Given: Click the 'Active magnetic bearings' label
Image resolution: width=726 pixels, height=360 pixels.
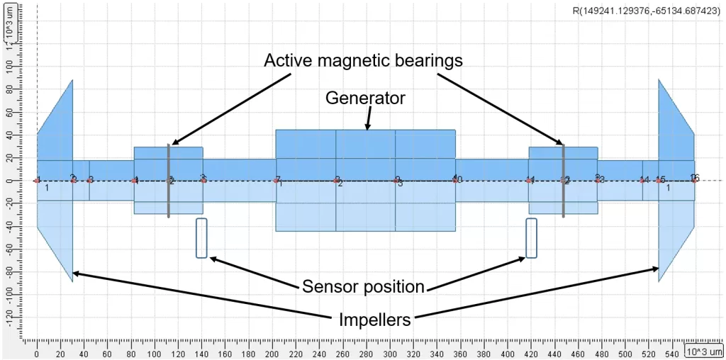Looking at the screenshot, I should point(363,61).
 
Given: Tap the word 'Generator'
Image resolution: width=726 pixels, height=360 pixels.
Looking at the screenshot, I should point(365,99).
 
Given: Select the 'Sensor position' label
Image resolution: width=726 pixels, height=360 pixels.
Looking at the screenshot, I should point(363,286).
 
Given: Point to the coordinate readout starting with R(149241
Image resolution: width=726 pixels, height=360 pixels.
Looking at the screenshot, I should point(646,11).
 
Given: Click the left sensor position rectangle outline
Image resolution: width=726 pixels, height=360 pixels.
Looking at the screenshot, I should point(201,238).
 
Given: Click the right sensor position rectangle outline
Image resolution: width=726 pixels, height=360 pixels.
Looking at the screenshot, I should point(531,238).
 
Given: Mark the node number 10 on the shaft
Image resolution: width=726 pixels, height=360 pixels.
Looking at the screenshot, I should point(457,179).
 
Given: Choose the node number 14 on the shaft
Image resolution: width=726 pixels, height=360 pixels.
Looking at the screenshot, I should point(644,180).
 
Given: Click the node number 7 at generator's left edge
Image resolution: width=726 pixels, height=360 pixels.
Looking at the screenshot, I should point(278,179).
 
